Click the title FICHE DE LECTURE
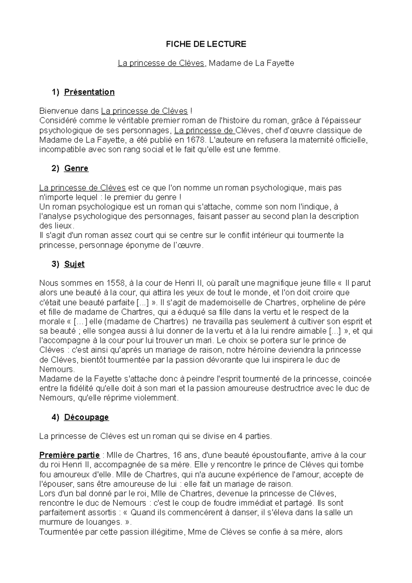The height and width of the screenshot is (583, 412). tap(206, 44)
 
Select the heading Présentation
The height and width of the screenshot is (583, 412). tap(89, 92)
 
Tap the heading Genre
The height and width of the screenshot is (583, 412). tap(76, 168)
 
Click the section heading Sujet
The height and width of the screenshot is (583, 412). tap(74, 264)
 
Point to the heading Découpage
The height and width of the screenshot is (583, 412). tap(87, 417)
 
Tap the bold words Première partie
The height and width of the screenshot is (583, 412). tap(69, 455)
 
